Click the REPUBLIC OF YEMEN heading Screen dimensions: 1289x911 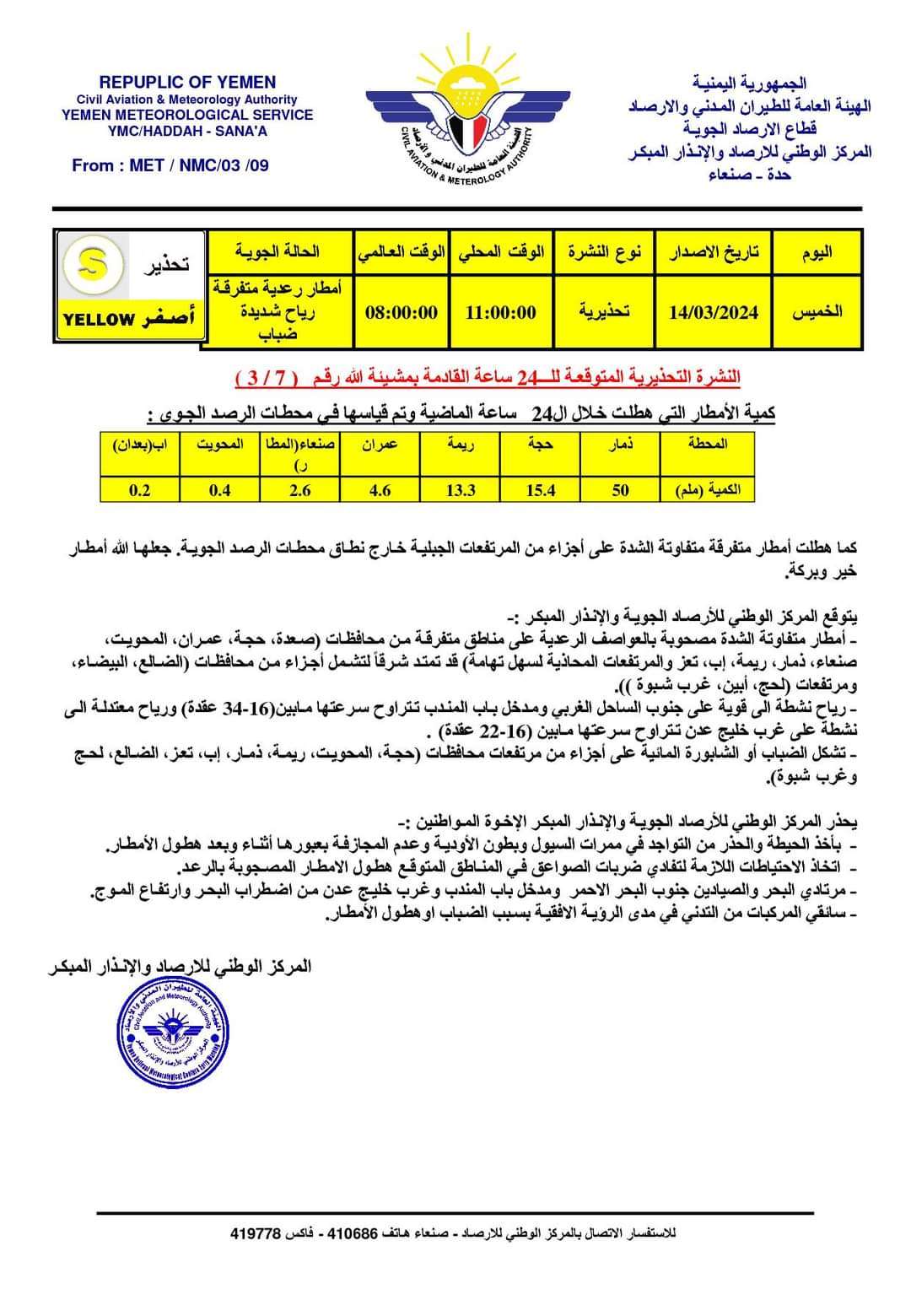click(187, 82)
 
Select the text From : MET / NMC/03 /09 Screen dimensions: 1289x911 click(170, 165)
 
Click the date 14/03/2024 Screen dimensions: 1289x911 click(713, 312)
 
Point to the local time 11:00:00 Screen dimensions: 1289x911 click(501, 312)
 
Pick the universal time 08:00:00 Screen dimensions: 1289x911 click(401, 312)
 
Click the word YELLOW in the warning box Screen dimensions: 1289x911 click(98, 320)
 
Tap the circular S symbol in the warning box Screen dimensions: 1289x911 click(90, 264)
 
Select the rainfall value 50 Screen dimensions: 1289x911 click(620, 490)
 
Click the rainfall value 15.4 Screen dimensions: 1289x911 click(540, 490)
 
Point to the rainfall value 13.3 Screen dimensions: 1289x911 click(461, 490)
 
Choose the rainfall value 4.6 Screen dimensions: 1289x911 click(380, 490)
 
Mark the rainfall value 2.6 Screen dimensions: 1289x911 click(299, 490)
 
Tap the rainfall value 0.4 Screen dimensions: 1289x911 click(219, 490)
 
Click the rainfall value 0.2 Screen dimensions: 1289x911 click(139, 490)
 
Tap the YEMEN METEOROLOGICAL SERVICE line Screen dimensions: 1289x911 click(187, 115)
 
